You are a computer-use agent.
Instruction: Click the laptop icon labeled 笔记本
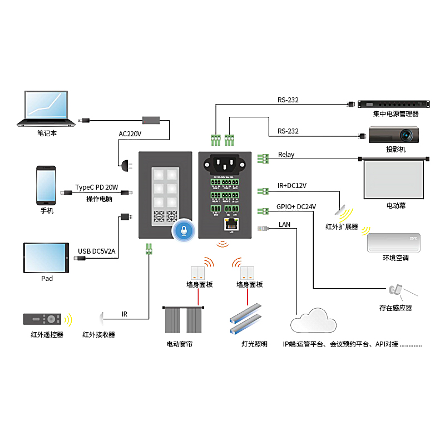pyautogui.click(x=47, y=108)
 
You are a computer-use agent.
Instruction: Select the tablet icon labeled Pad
pyautogui.click(x=47, y=258)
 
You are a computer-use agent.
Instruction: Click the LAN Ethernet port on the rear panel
pyautogui.click(x=230, y=225)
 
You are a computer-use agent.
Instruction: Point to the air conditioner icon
pyautogui.click(x=395, y=243)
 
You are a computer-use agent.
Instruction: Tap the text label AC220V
pyautogui.click(x=130, y=134)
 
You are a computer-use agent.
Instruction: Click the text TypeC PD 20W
pyautogui.click(x=97, y=187)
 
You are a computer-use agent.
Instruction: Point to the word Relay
pyautogui.click(x=286, y=155)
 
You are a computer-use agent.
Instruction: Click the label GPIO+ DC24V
pyautogui.click(x=296, y=207)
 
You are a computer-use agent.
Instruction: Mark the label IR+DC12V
pyautogui.click(x=291, y=186)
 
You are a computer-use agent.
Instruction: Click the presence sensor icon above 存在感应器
pyautogui.click(x=396, y=290)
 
